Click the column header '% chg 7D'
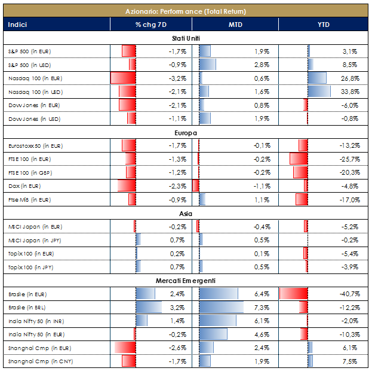150,25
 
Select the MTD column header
235,25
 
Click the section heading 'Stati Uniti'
186,38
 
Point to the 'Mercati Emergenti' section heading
186,281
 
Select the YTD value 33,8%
349,92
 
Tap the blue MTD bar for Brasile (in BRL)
221,308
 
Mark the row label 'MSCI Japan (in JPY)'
35,240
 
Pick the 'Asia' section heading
186,214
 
